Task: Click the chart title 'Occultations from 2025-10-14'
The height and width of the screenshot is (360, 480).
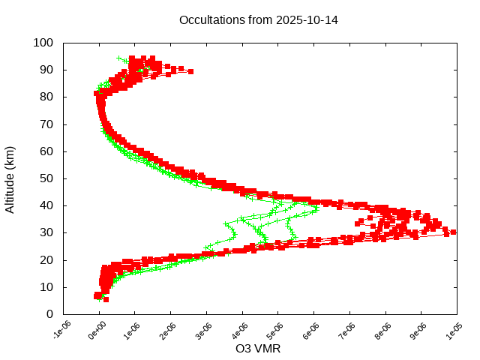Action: click(x=258, y=20)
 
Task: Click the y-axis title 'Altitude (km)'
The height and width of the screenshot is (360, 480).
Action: click(x=10, y=178)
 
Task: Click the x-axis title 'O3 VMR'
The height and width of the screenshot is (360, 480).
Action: click(x=258, y=349)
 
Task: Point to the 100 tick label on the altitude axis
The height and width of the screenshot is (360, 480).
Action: click(x=43, y=43)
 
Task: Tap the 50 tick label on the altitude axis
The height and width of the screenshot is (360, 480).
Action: click(x=46, y=178)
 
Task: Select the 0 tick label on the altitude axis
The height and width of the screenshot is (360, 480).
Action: click(x=49, y=314)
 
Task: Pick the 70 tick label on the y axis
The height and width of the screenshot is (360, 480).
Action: click(x=46, y=124)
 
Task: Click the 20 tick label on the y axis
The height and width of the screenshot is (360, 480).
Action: click(x=46, y=259)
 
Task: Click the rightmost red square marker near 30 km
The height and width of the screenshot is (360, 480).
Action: click(x=453, y=232)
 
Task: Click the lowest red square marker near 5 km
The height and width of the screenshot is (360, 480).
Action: click(x=106, y=299)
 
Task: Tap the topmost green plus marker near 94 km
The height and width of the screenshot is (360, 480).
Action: click(x=118, y=58)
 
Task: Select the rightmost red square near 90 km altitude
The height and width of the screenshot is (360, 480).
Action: click(x=190, y=71)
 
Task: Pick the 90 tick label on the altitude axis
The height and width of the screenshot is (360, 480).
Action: click(x=46, y=70)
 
